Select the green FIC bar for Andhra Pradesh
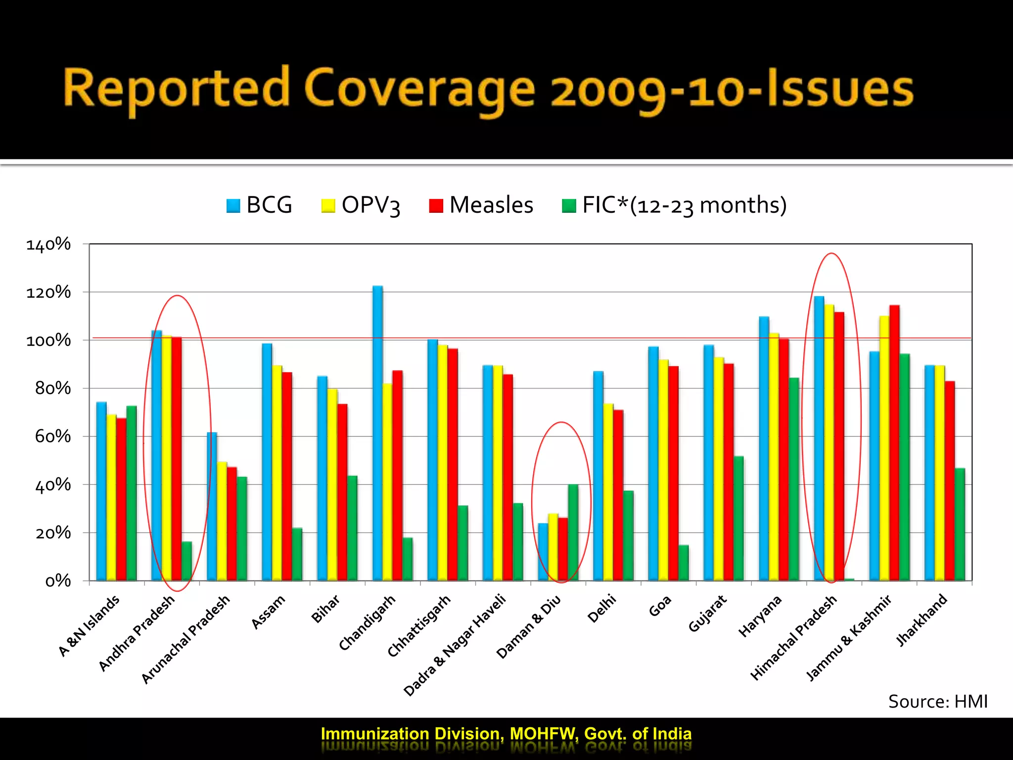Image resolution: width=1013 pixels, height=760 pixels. point(186,561)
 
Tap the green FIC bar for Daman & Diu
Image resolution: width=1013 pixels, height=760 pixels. point(573,532)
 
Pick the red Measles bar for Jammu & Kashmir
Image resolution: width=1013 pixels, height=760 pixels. point(894,443)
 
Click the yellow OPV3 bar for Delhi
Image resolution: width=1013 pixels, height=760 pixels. point(608,492)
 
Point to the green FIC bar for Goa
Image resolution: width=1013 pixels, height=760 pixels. point(683,563)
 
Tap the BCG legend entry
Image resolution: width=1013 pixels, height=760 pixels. point(259,205)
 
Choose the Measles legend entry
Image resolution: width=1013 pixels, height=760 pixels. point(481,205)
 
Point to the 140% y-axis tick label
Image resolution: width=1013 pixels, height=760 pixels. point(48,244)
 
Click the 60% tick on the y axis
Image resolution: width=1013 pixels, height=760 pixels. point(53,436)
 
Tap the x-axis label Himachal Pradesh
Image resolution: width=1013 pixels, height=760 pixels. point(793,638)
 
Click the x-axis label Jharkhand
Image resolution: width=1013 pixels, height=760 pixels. point(921,620)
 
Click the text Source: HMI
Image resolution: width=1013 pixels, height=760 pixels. point(937,702)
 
